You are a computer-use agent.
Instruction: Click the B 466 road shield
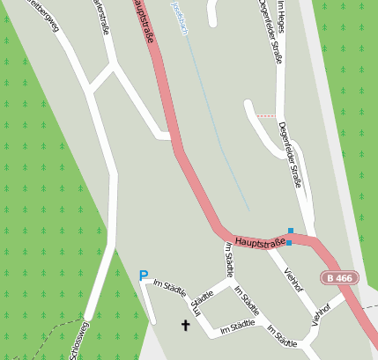[339, 278]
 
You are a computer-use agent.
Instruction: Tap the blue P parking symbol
[144, 276]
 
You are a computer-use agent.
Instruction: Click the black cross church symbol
[186, 326]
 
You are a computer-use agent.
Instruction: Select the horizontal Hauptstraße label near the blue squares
[261, 241]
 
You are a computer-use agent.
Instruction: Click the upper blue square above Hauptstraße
[291, 231]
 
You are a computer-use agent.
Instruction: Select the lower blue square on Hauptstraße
[289, 242]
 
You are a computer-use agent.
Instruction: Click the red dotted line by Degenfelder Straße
[265, 116]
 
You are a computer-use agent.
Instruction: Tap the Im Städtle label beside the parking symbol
[170, 286]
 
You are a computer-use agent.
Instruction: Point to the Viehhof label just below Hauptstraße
[293, 276]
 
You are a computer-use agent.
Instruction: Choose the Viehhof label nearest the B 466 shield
[320, 314]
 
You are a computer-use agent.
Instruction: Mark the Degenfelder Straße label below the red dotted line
[292, 155]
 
